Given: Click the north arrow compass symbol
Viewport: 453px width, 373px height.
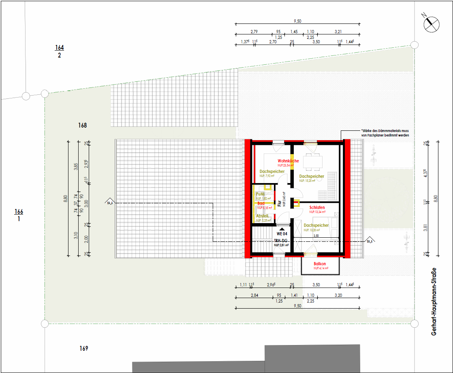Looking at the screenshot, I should [x=431, y=24].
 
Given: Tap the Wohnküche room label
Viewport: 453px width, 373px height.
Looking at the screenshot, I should [x=288, y=161].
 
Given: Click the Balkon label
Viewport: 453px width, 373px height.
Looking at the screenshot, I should [x=320, y=264].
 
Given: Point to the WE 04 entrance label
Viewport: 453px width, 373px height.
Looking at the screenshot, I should [x=282, y=234].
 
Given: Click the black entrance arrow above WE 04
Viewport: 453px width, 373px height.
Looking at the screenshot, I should [x=282, y=229].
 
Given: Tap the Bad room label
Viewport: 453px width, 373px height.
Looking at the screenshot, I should [x=261, y=203].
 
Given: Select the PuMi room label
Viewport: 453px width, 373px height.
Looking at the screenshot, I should [x=260, y=194].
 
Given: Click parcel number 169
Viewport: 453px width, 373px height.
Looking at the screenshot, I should [x=84, y=348].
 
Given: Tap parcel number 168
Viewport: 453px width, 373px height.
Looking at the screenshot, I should [x=83, y=126].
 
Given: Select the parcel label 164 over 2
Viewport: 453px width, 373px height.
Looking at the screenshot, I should [x=59, y=51].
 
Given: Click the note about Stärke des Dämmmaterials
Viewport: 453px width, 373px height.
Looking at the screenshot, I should [x=385, y=133].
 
